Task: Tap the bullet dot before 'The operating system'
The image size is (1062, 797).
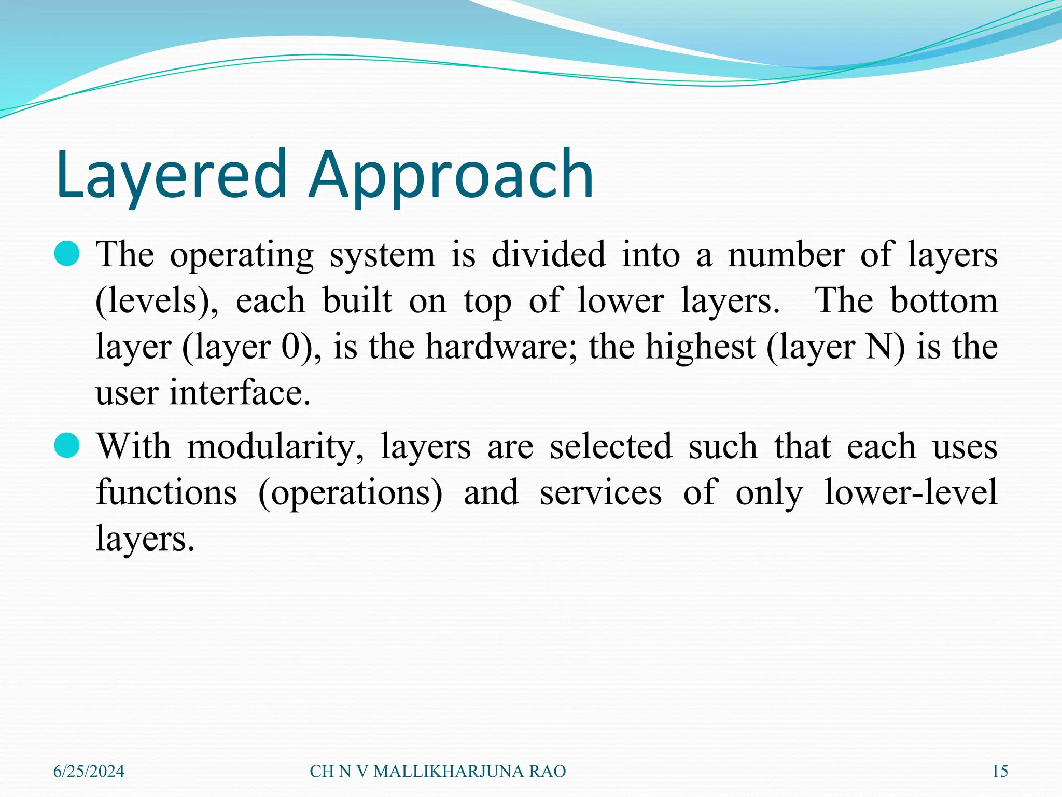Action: click(66, 254)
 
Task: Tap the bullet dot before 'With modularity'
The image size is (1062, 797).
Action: click(66, 446)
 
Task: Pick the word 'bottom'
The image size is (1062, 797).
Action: click(944, 300)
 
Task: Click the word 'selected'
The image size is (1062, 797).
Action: click(610, 446)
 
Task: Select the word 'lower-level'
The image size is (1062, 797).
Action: click(911, 492)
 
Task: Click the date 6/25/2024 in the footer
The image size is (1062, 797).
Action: click(89, 771)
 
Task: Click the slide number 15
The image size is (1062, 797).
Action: click(1000, 771)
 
